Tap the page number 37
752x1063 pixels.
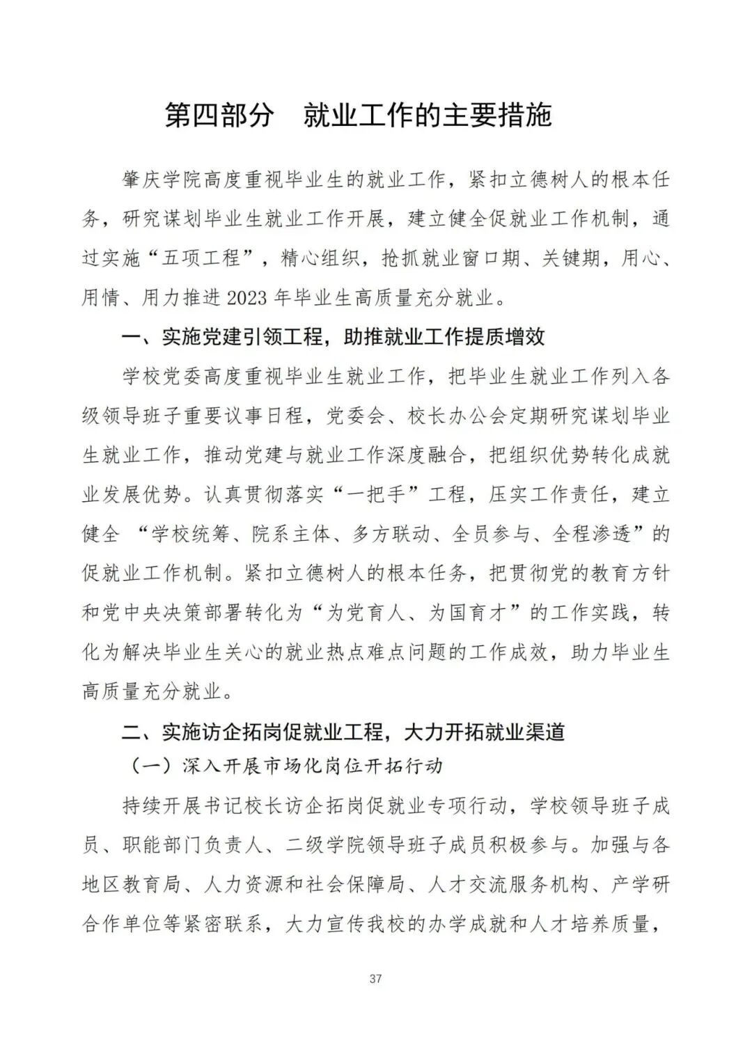coord(376,979)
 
